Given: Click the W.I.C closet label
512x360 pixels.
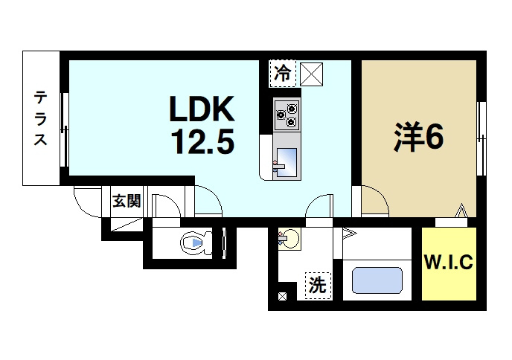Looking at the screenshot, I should pyautogui.click(x=449, y=263).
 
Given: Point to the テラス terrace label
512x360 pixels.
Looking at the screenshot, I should pyautogui.click(x=40, y=118).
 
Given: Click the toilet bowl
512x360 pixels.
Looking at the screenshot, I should pyautogui.click(x=195, y=242).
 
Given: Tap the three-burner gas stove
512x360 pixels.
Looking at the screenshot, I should pyautogui.click(x=286, y=114).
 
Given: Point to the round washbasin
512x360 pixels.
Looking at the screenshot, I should pyautogui.click(x=289, y=240).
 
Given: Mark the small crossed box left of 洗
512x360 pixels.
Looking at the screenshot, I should pyautogui.click(x=283, y=297).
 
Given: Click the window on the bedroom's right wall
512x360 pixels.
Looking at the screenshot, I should pyautogui.click(x=481, y=123).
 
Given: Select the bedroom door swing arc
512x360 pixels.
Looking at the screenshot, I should pyautogui.click(x=374, y=199).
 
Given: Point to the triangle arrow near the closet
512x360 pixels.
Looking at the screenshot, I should pyautogui.click(x=462, y=211).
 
